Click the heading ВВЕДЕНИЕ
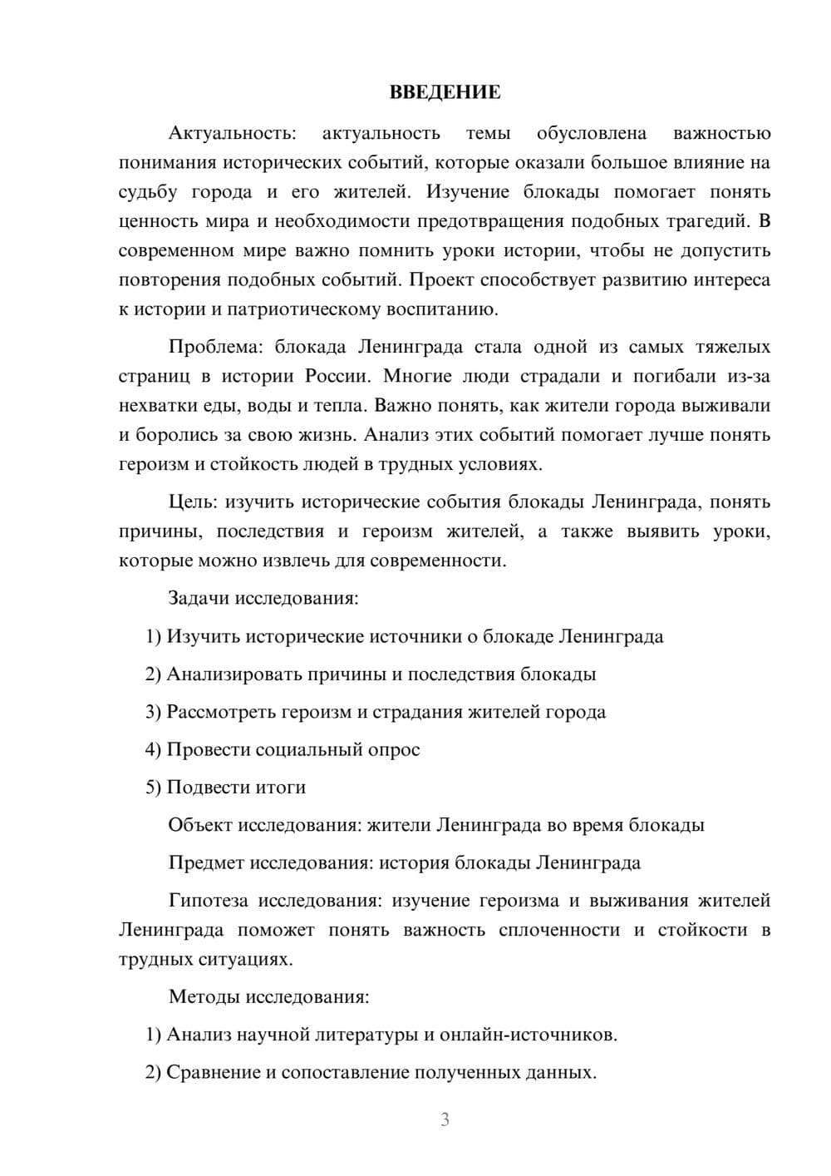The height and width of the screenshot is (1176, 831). (445, 92)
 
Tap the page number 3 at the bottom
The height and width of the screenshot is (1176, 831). (445, 1119)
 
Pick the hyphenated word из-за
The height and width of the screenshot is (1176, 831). (748, 376)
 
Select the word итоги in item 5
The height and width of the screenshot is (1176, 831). (281, 787)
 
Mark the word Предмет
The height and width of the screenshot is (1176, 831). (206, 862)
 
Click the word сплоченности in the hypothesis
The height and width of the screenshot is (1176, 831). (559, 930)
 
